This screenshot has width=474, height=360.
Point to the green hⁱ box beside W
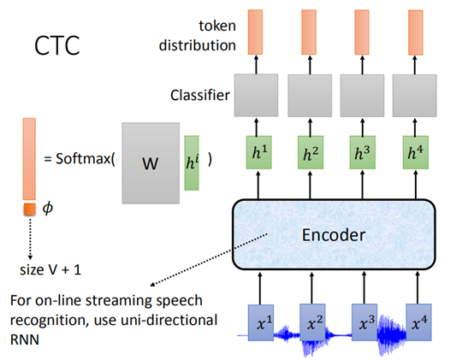pyautogui.click(x=191, y=159)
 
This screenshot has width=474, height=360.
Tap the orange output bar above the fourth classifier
pyautogui.click(x=417, y=33)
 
